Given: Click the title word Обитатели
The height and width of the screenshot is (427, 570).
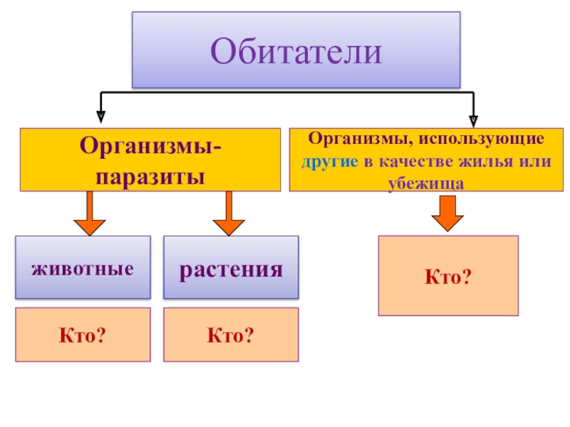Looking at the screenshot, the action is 296,52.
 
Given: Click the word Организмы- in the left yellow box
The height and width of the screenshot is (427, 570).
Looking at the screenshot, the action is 150,148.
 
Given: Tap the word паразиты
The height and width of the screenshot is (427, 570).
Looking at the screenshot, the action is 150,176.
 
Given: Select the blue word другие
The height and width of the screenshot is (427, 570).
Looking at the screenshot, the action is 329,161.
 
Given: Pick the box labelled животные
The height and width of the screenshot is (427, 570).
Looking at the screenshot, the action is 83,267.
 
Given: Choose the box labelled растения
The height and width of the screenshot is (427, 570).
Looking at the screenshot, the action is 231,267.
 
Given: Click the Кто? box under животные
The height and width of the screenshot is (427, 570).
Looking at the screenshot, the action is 83,334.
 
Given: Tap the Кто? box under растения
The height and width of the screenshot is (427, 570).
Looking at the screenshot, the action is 231,334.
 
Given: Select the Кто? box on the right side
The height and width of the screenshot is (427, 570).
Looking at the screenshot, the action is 447,275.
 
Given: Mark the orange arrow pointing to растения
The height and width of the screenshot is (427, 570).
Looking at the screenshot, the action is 229,213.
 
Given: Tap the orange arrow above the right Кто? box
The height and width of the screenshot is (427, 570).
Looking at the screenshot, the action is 447,213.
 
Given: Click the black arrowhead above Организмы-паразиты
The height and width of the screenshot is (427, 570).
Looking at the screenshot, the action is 101,112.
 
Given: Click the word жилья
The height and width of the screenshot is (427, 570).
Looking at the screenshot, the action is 490,161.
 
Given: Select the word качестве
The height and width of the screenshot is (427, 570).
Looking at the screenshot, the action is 415,161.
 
